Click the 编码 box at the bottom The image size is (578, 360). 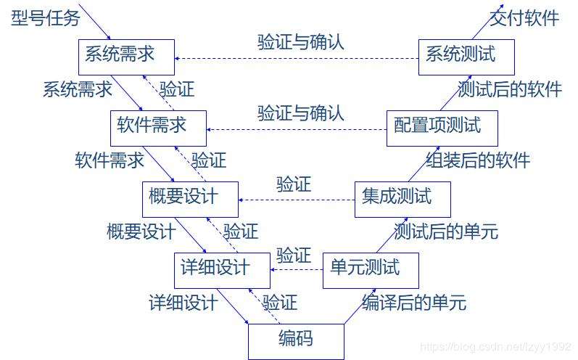click(x=295, y=339)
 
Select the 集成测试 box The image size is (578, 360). click(x=402, y=197)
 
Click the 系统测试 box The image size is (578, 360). click(x=467, y=54)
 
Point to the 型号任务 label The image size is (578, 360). click(x=45, y=17)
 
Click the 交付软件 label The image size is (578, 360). click(x=525, y=17)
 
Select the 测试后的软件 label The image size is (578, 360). click(x=510, y=89)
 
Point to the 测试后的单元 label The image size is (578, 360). click(x=446, y=232)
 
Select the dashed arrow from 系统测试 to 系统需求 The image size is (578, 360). click(x=297, y=59)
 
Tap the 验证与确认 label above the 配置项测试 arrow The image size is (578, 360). click(x=300, y=113)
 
